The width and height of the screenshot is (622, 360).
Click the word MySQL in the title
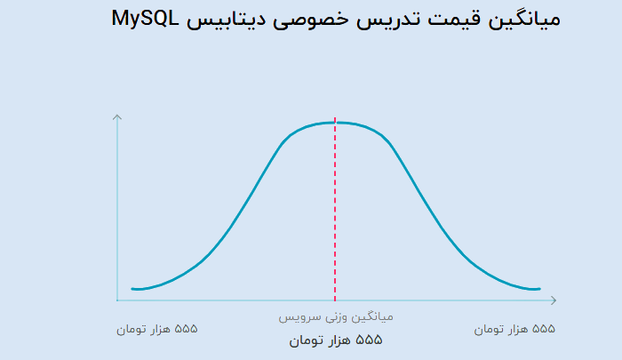click(x=145, y=19)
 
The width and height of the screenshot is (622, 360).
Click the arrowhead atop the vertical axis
click(x=117, y=117)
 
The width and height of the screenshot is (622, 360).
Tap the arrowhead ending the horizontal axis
click(x=554, y=300)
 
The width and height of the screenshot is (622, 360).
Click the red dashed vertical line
click(x=335, y=210)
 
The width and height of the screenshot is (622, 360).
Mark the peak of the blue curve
click(x=336, y=123)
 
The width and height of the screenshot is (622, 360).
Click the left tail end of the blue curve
click(x=132, y=289)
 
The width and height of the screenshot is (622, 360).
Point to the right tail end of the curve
click(x=539, y=289)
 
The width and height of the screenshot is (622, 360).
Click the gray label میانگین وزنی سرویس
click(x=336, y=317)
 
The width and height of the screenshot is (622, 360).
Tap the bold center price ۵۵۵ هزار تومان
click(x=336, y=340)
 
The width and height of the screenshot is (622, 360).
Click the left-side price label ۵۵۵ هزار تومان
click(x=157, y=330)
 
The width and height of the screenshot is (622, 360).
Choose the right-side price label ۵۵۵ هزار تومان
click(x=514, y=330)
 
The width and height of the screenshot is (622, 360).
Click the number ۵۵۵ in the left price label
click(x=186, y=329)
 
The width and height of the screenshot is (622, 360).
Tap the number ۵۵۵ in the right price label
click(x=544, y=329)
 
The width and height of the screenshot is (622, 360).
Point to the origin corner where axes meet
click(x=117, y=300)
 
